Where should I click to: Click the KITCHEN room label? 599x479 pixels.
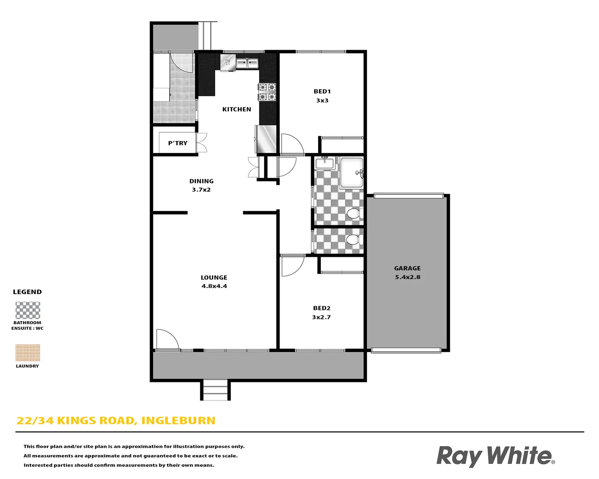[x=236, y=109]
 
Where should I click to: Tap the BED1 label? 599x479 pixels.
[x=322, y=91]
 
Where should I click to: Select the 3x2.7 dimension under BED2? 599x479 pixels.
[x=321, y=317]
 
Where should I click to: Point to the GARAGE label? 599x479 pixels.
[x=407, y=268]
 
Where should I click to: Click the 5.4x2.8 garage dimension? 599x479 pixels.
[x=407, y=277]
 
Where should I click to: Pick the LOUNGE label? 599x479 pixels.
[x=214, y=278]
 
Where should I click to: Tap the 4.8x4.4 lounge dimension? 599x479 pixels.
[x=214, y=286]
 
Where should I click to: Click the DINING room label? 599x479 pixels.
[x=201, y=181]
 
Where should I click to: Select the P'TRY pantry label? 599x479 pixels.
[x=177, y=143]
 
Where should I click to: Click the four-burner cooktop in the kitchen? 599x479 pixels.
[x=267, y=92]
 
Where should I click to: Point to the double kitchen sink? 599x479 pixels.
[x=247, y=63]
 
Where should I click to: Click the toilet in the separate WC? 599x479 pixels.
[x=353, y=240]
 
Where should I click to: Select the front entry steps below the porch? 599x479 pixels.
[x=215, y=390]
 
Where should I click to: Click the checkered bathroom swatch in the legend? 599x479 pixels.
[x=28, y=310]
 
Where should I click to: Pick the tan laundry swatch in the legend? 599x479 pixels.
[x=28, y=353]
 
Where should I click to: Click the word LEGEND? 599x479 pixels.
[x=27, y=292]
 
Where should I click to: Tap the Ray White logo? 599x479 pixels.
[x=495, y=456]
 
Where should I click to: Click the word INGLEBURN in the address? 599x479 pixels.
[x=178, y=420]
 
